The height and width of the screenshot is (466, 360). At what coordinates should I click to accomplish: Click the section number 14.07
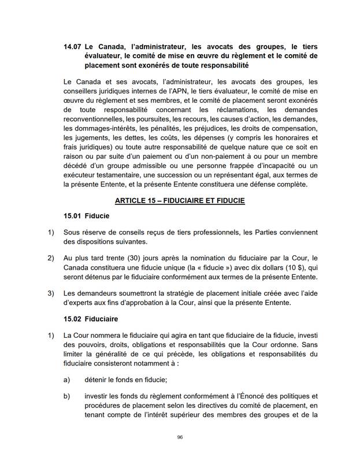[x=73, y=46]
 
